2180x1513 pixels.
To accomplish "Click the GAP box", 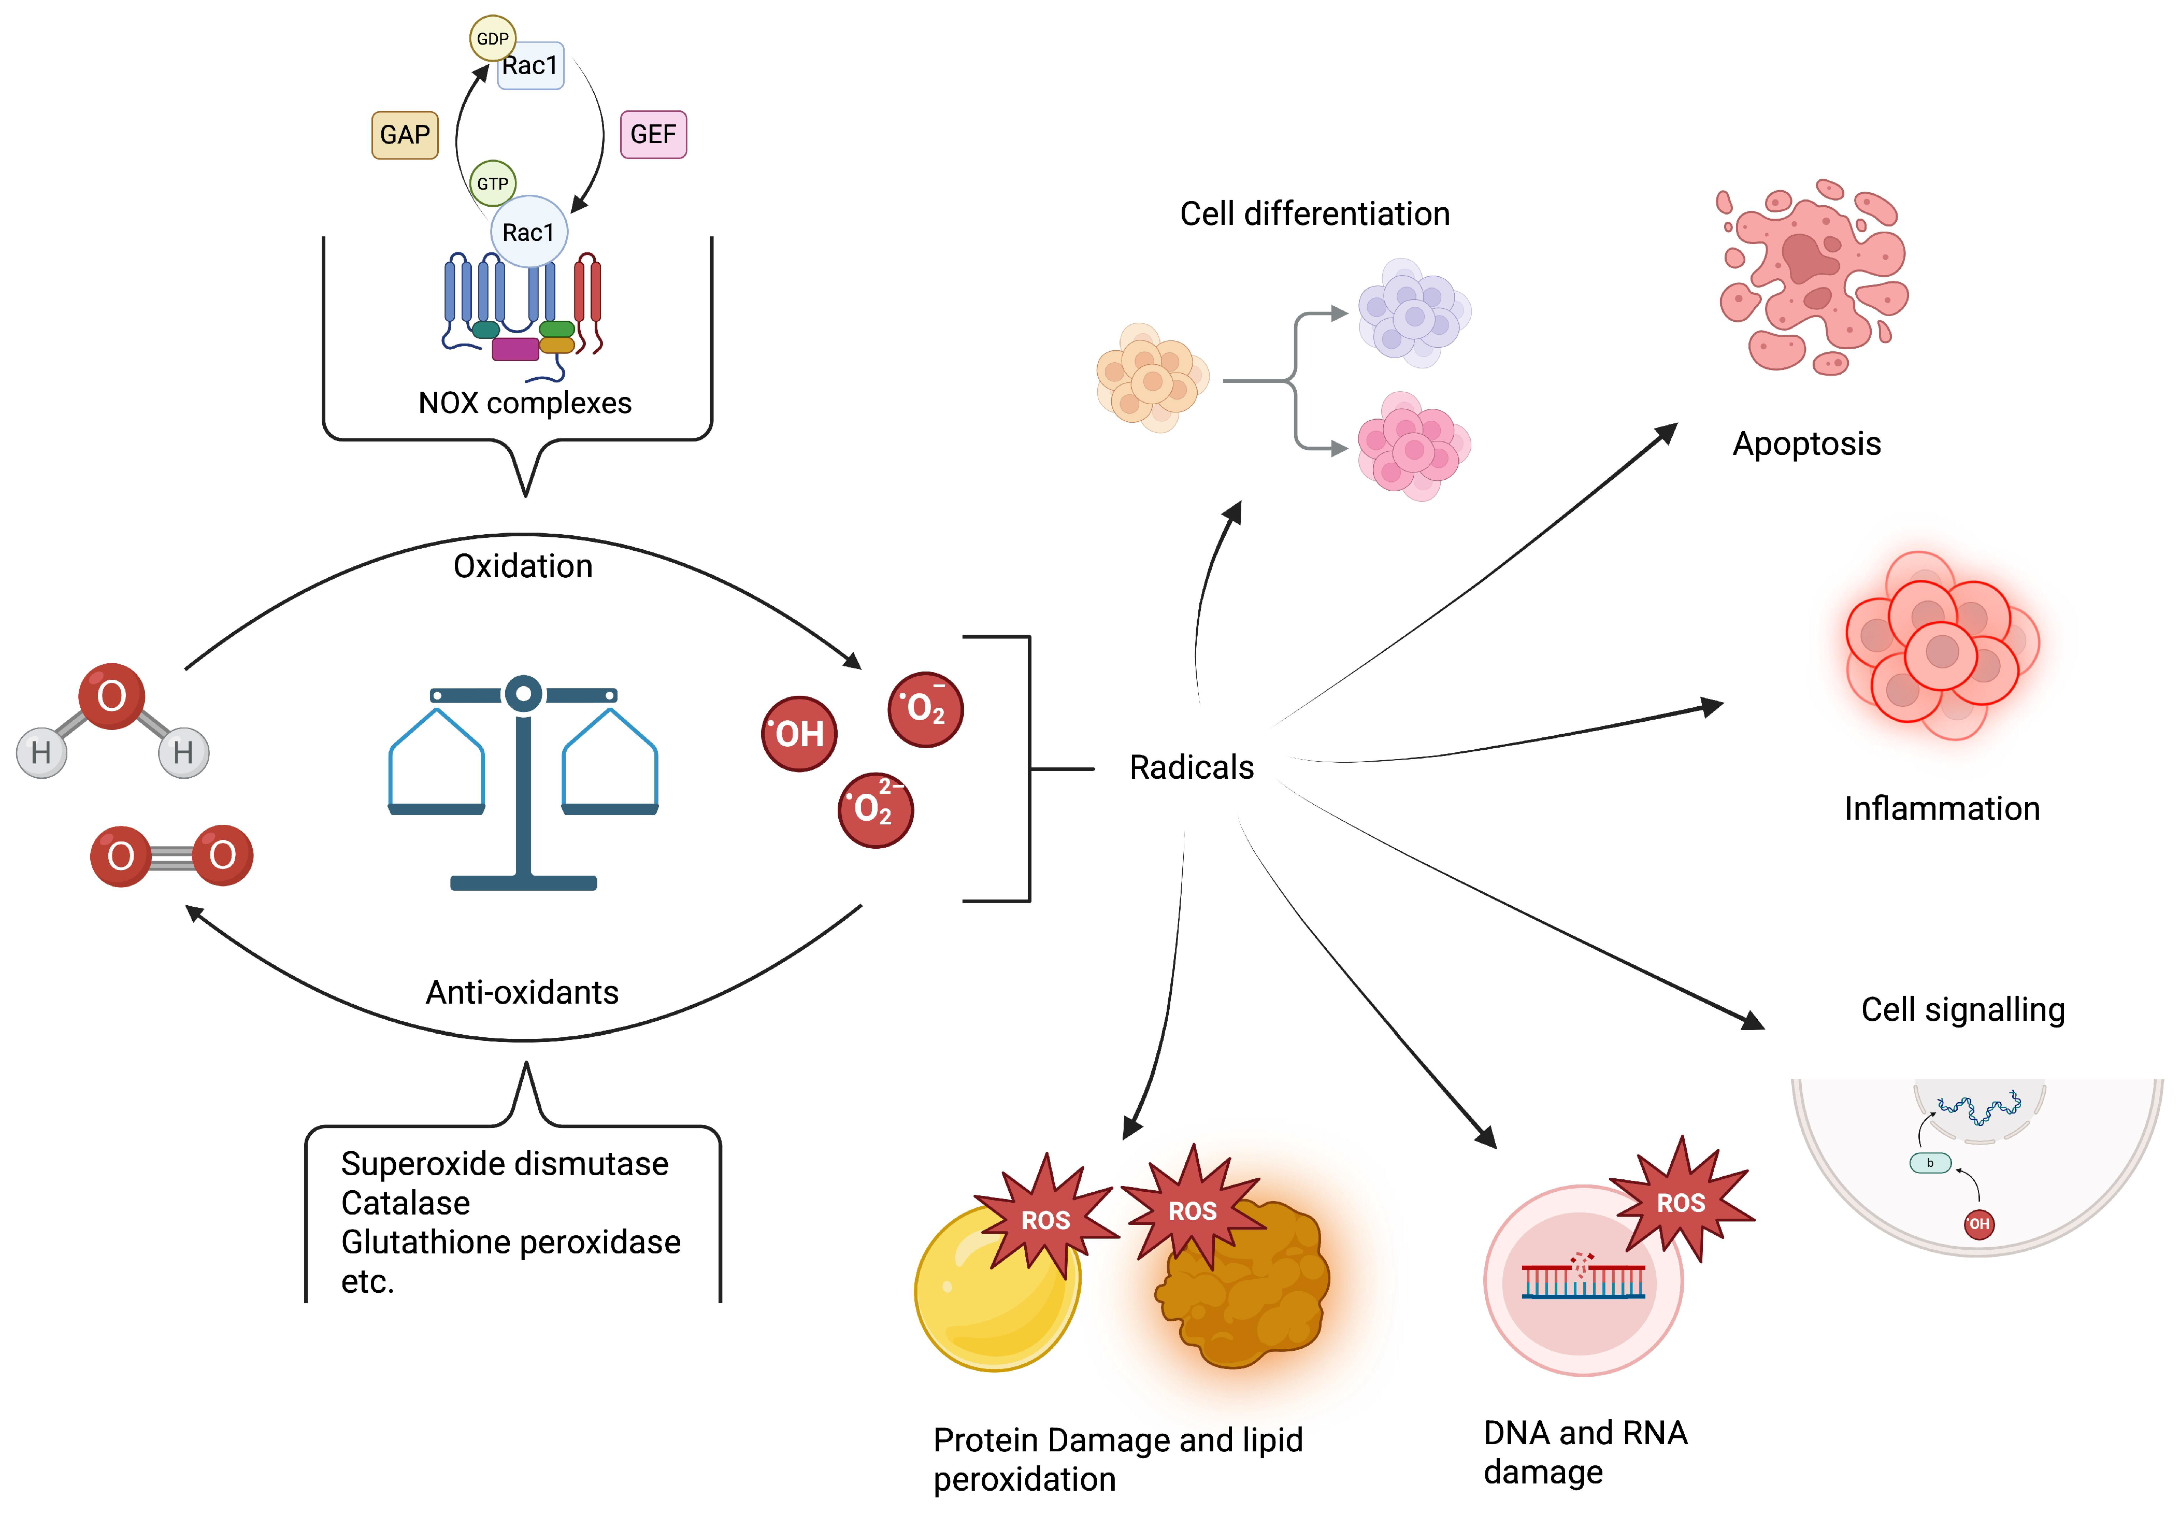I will [405, 135].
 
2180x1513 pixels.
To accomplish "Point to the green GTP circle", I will [492, 183].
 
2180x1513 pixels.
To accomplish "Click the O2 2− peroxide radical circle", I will [875, 809].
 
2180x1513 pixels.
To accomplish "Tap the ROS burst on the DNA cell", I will [1681, 1202].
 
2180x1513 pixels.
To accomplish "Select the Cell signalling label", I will [1962, 1009].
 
